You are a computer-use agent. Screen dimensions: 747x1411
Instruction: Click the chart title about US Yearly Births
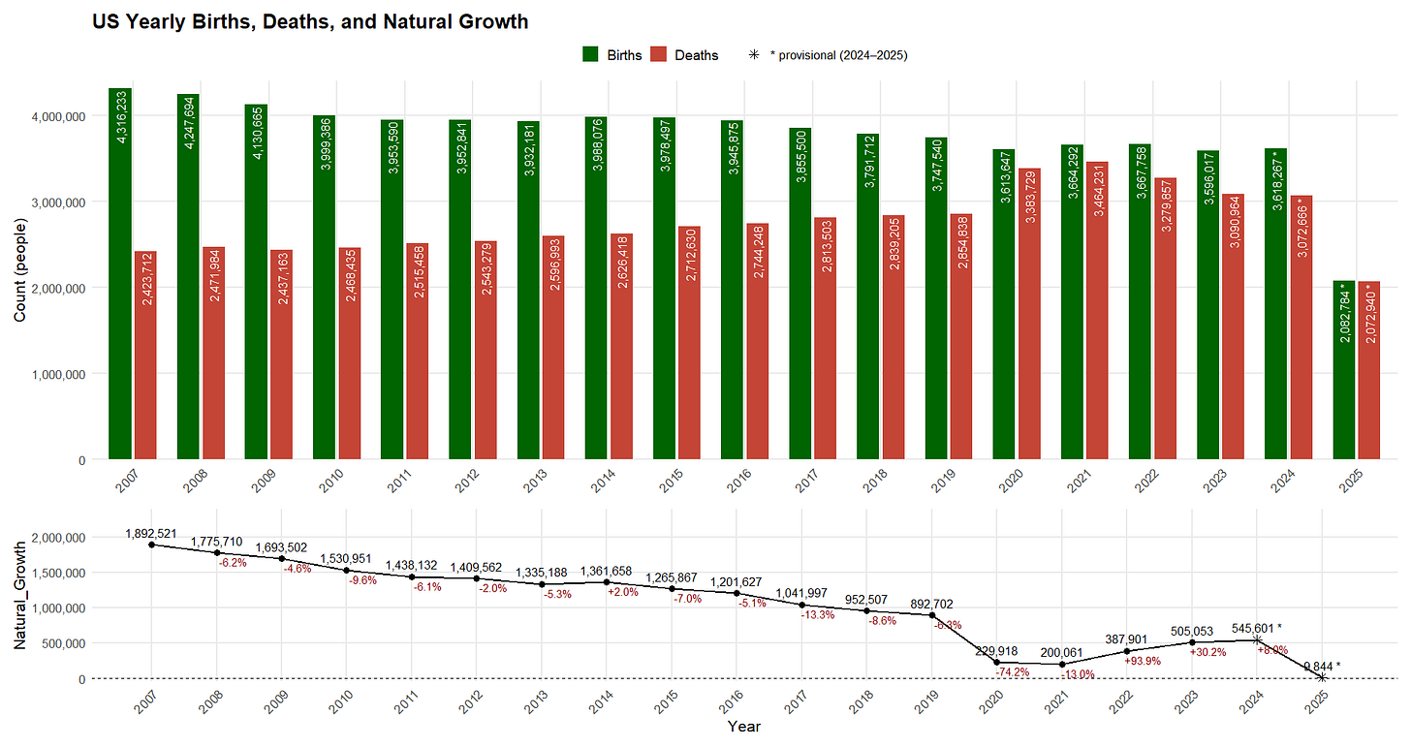tap(310, 21)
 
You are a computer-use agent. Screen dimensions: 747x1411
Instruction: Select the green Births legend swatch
tap(593, 55)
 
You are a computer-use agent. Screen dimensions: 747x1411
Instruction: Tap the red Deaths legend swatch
tap(661, 55)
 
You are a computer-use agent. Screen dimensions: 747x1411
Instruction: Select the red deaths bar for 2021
tap(1097, 310)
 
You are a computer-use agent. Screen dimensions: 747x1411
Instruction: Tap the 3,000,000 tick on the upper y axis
tap(55, 202)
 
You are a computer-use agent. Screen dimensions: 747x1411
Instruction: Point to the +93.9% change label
tap(1142, 662)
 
